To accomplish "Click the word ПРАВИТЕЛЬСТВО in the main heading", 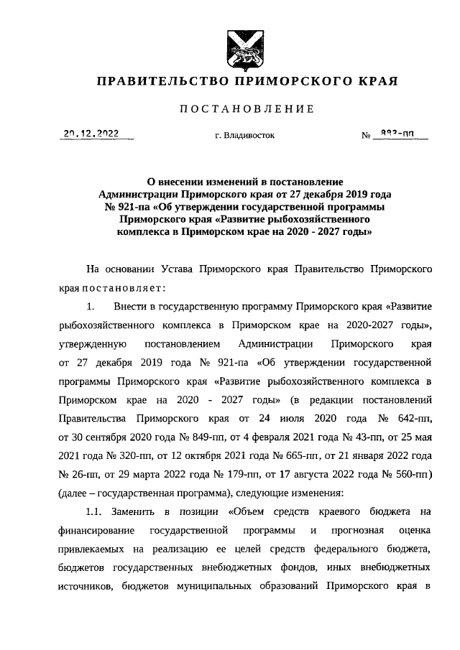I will coord(157,82).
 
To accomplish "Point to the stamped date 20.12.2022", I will coord(91,133).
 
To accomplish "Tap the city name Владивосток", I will coord(244,135).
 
